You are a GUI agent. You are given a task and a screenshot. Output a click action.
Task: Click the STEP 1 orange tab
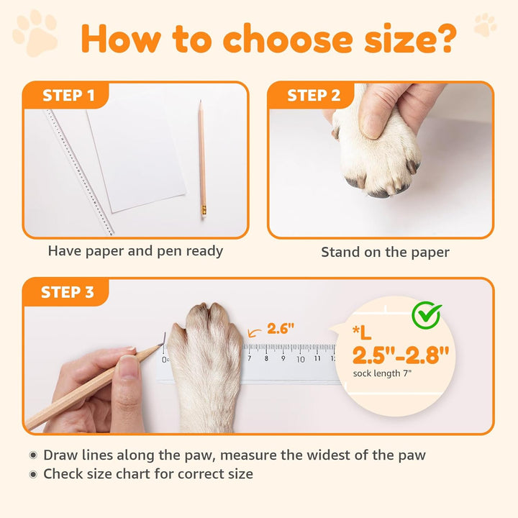pos(68,96)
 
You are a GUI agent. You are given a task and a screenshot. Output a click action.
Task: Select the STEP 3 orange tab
pos(67,292)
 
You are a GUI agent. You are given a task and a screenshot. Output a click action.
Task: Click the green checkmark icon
pos(426,314)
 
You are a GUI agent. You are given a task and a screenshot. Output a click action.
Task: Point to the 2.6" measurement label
pos(281,329)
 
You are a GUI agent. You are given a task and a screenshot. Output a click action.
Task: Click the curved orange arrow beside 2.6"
pos(254,332)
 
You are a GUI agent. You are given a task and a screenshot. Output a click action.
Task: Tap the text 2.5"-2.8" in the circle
pos(400,355)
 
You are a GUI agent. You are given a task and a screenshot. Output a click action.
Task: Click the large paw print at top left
pos(35,32)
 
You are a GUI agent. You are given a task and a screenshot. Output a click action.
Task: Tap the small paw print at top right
pos(486,24)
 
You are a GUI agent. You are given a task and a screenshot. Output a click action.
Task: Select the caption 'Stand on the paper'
pos(385,252)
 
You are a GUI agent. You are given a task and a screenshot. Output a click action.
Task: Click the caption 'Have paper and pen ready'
pos(135,251)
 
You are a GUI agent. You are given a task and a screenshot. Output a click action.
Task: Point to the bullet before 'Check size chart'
pos(33,474)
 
